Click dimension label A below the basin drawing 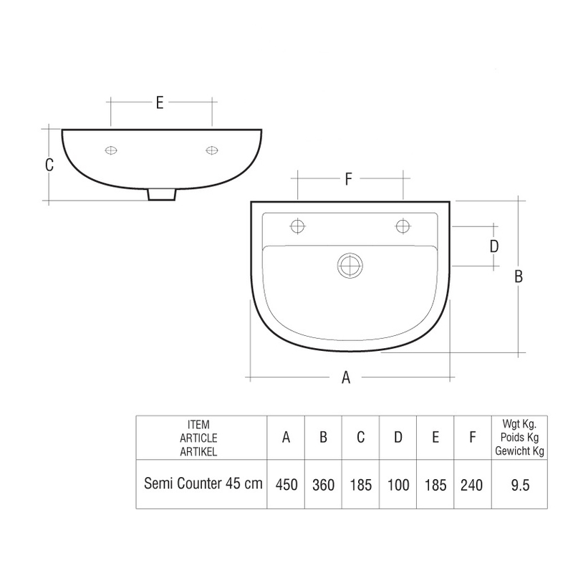pos(346,378)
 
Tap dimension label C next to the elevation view pos(49,165)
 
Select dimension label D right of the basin pos(493,246)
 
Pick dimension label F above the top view pos(348,180)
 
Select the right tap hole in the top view pos(403,227)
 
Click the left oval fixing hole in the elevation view pos(111,150)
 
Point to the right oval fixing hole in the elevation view pos(211,150)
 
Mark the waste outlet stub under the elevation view pos(161,194)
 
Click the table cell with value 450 pos(286,485)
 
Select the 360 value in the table pos(323,485)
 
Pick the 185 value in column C pos(360,485)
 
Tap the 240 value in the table pos(471,485)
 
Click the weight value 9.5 pos(519,485)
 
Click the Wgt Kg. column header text pos(519,424)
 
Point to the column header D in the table pos(398,437)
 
